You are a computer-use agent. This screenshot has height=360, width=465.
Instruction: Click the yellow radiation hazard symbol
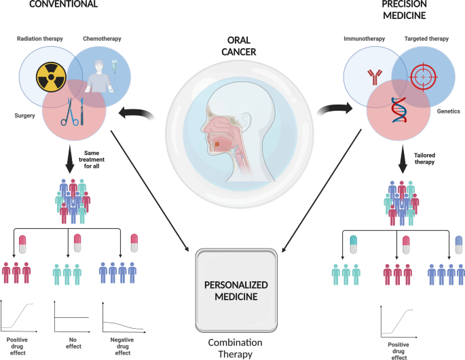pyautogui.click(x=50, y=77)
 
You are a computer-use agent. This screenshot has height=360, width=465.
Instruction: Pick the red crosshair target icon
pyautogui.click(x=424, y=77)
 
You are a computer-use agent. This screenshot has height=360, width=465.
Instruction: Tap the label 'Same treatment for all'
pyautogui.click(x=93, y=160)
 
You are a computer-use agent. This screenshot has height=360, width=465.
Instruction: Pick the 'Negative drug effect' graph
pyautogui.click(x=122, y=317)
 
